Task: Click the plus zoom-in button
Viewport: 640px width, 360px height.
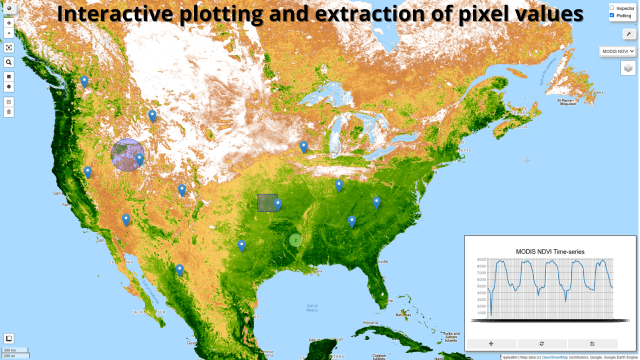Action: [9, 23]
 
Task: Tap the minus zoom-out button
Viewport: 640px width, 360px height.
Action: [9, 33]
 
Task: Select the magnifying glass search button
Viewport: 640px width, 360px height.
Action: [9, 62]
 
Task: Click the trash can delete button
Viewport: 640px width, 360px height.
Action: [9, 111]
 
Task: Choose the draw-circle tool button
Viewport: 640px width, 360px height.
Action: [9, 87]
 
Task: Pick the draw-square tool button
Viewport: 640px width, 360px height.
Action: [9, 76]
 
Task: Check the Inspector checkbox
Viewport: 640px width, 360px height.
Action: [611, 8]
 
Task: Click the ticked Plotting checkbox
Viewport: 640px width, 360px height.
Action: [611, 15]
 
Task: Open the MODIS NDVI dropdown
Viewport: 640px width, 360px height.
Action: [617, 51]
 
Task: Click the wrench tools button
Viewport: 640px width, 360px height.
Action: [628, 33]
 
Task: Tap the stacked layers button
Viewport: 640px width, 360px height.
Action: [628, 68]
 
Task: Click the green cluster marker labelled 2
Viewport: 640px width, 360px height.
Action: [295, 240]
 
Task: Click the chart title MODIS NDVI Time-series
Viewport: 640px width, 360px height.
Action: [550, 251]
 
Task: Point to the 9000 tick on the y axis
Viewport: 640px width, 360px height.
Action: [481, 259]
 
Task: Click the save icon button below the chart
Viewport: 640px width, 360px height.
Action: [592, 344]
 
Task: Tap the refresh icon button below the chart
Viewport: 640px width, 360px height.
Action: [542, 344]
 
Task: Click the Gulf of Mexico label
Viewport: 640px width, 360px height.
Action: [312, 307]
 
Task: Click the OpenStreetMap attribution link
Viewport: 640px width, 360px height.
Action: [554, 357]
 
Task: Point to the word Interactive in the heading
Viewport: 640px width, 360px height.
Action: [115, 14]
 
